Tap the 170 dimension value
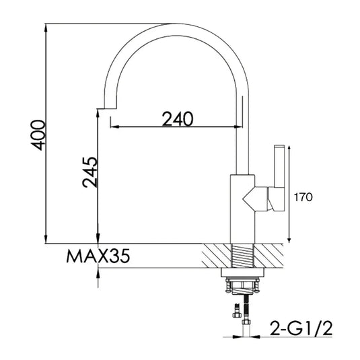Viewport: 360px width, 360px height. coord(305,197)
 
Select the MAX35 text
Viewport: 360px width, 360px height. coord(97,256)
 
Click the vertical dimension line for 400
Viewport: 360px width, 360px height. coord(46,135)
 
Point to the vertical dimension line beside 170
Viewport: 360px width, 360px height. coord(290,195)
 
